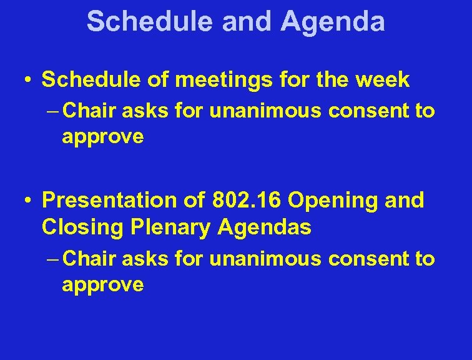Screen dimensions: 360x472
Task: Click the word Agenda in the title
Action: (x=332, y=21)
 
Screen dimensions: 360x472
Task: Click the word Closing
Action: (x=84, y=227)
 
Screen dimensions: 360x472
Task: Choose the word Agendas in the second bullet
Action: (x=265, y=227)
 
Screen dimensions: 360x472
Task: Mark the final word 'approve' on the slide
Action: (x=102, y=285)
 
